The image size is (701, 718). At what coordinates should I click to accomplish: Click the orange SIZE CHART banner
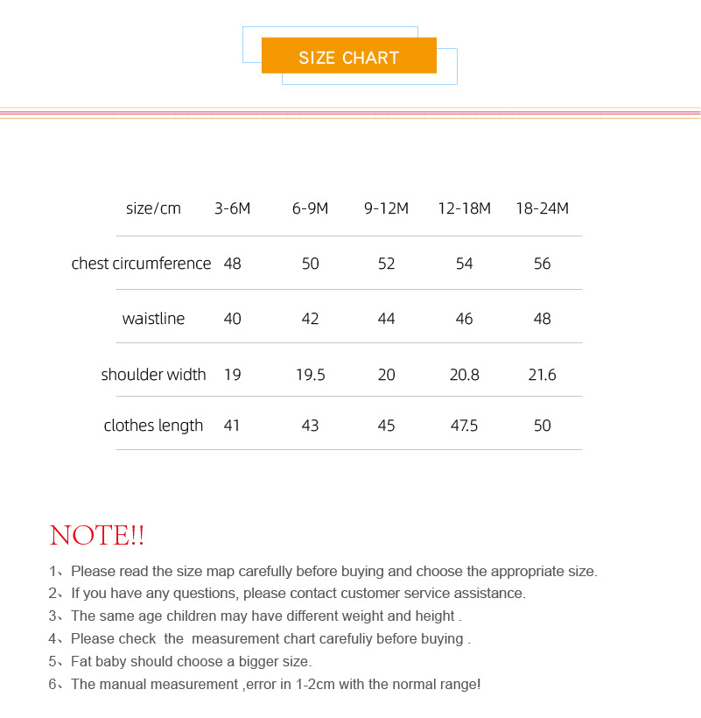point(348,56)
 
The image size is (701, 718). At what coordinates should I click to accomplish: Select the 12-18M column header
point(464,208)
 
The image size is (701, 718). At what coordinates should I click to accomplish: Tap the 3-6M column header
point(232,208)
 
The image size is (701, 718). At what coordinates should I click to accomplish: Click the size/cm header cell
point(153,208)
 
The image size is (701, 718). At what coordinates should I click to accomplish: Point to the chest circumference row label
point(141,264)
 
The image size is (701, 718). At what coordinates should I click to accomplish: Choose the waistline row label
point(153,319)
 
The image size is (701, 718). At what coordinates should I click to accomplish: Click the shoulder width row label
point(153,375)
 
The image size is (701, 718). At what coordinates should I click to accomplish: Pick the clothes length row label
point(153,426)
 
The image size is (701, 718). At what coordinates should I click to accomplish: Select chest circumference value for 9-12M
point(386,264)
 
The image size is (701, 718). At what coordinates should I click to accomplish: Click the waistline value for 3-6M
point(232,319)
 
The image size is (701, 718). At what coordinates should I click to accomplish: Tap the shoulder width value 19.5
point(310,375)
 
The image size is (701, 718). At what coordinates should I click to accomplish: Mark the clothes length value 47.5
point(464,426)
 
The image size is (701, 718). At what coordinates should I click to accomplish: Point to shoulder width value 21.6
point(542,375)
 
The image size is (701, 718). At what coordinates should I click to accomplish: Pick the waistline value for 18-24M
point(542,319)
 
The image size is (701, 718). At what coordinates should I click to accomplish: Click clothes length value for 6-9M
point(310,426)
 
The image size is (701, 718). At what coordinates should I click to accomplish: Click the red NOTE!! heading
point(97,535)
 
